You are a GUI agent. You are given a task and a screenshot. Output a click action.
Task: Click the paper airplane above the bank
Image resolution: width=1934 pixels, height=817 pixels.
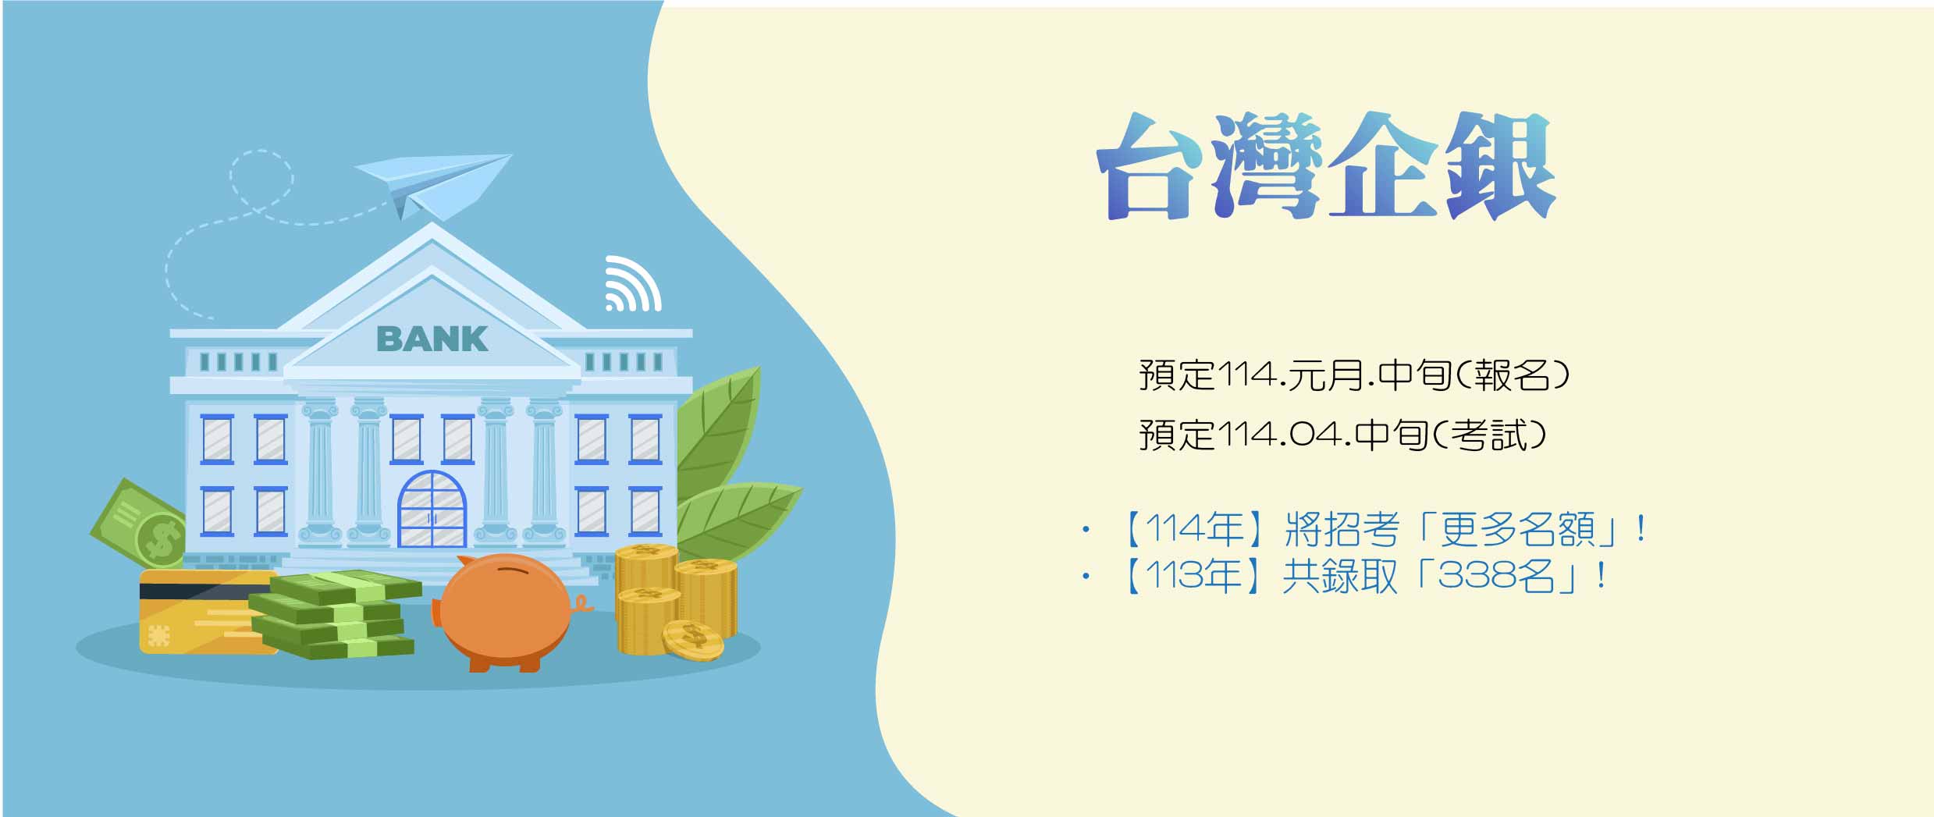[x=433, y=184]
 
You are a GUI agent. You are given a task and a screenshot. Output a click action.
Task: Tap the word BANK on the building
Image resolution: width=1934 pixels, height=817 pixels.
[x=432, y=339]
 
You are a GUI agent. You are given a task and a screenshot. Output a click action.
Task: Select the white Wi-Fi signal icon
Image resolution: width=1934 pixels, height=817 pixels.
[x=633, y=283]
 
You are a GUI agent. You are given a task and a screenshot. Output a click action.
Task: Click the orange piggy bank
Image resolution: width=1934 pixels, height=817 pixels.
[x=507, y=613]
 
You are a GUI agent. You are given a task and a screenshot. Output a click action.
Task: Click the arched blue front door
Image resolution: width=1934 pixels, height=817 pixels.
[x=432, y=510]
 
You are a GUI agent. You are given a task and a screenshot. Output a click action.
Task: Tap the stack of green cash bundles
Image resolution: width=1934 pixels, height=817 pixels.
[x=336, y=616]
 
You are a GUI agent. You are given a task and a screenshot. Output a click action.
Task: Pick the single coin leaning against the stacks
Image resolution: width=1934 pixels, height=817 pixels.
[x=692, y=640]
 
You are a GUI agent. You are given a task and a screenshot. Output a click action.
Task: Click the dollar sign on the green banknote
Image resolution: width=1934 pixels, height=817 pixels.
[x=162, y=538]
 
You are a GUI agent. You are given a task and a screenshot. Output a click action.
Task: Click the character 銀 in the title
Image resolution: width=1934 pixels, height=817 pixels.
[x=1499, y=165]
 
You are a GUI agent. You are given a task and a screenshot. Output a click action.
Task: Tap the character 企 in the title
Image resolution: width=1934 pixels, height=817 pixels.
[x=1383, y=165]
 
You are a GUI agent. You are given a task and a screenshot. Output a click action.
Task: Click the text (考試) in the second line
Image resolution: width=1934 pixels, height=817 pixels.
[x=1488, y=435]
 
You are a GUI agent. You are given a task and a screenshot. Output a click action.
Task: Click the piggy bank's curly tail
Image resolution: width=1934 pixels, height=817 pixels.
[x=581, y=604]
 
